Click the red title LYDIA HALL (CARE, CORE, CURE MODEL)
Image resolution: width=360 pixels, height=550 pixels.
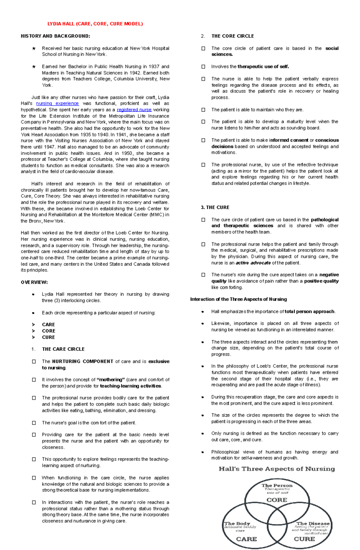click(95, 24)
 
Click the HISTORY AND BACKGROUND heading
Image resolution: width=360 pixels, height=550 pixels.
click(55, 36)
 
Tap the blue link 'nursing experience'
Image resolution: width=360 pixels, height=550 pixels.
click(57, 103)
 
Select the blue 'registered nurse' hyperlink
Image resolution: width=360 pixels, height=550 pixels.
click(134, 110)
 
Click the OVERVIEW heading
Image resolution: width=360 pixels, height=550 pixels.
click(34, 282)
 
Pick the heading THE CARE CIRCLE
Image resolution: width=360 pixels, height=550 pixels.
click(63, 349)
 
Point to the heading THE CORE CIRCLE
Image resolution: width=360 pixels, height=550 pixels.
click(232, 36)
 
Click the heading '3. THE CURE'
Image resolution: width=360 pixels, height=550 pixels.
click(215, 207)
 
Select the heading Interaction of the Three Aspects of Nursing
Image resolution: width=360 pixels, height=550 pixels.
click(238, 299)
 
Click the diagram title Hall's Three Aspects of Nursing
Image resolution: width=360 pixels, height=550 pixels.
click(277, 469)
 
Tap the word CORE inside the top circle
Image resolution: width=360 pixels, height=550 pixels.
click(277, 500)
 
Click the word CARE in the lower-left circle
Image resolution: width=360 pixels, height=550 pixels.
click(246, 539)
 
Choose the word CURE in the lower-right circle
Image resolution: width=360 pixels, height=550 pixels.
click(304, 539)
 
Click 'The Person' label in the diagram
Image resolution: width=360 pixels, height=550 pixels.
click(277, 486)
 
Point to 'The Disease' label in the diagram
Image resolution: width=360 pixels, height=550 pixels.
click(313, 523)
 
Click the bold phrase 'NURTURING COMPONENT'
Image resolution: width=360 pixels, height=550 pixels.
click(82, 361)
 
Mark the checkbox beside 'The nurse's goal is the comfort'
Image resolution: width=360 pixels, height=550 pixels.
click(34, 423)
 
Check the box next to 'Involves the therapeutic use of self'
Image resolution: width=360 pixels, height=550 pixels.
click(203, 67)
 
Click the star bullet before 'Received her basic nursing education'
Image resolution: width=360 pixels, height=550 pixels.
click(34, 49)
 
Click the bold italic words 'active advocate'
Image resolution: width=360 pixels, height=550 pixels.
click(253, 263)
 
